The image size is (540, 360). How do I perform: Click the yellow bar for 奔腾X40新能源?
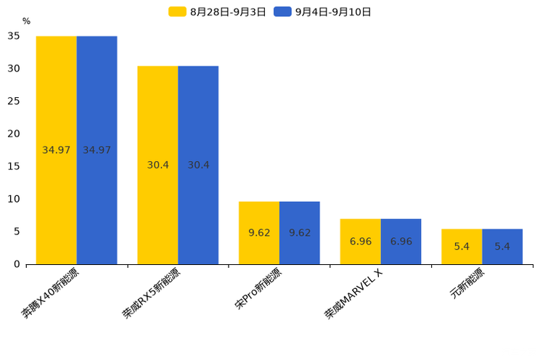coord(57,150)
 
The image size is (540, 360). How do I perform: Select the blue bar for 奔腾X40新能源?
coord(97,150)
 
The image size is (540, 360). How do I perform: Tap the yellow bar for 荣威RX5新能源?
coord(157,165)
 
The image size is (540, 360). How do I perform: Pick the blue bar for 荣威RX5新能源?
coord(198,165)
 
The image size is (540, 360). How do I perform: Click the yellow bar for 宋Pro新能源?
coord(259,233)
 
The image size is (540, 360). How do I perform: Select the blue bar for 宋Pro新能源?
coord(299,233)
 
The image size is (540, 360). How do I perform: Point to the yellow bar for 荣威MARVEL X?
coord(360,241)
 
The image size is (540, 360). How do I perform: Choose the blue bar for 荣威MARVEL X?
coord(401,241)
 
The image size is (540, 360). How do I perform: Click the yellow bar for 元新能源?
coord(462,247)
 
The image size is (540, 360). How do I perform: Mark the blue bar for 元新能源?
coord(502,247)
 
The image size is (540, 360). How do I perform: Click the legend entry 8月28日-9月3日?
coord(218,12)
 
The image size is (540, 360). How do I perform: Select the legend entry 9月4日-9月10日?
coord(323,12)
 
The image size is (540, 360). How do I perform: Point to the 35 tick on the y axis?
coord(14,36)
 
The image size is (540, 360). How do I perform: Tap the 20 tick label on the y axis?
coord(14,134)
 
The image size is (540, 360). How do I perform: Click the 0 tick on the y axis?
coord(17,264)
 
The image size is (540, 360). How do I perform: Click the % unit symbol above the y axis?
coord(26,21)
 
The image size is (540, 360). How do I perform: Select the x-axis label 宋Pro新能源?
coord(258,290)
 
